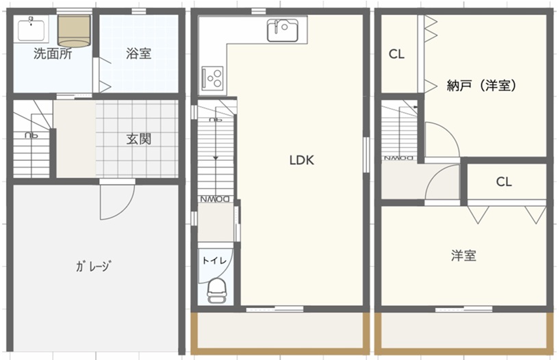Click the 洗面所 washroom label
pyautogui.click(x=53, y=53)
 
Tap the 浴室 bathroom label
pyautogui.click(x=138, y=53)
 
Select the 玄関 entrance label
pyautogui.click(x=138, y=139)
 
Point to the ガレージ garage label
pyautogui.click(x=94, y=266)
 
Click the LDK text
pyautogui.click(x=302, y=160)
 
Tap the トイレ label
pyautogui.click(x=214, y=260)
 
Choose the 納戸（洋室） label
pyautogui.click(x=482, y=86)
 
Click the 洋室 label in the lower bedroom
pyautogui.click(x=463, y=256)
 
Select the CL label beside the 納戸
pyautogui.click(x=396, y=54)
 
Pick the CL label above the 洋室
pyautogui.click(x=504, y=182)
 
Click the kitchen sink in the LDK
pyautogui.click(x=283, y=30)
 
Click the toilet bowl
pyautogui.click(x=217, y=291)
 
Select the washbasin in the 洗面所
pyautogui.click(x=31, y=29)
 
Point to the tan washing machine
pyautogui.click(x=75, y=31)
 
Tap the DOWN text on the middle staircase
pyautogui.click(x=215, y=199)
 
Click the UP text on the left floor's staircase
pyautogui.click(x=31, y=136)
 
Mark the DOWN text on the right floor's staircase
pyautogui.click(x=399, y=158)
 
